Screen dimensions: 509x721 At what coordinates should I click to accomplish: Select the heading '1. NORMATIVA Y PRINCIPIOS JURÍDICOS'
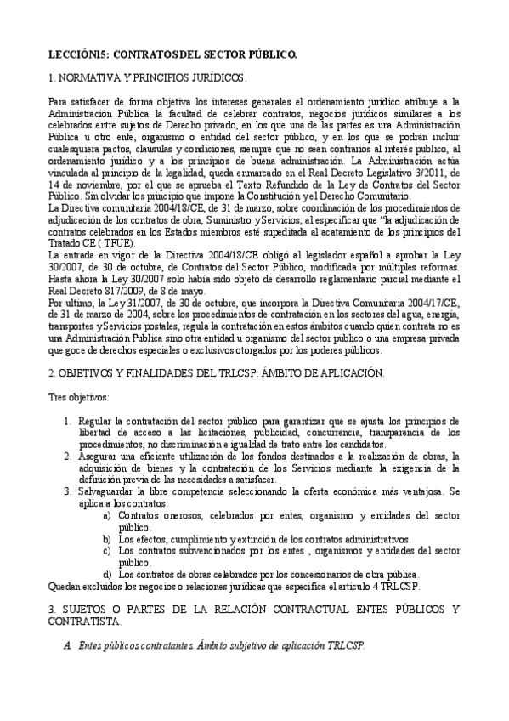click(x=147, y=77)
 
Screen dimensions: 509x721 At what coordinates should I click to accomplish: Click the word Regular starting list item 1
click(x=95, y=421)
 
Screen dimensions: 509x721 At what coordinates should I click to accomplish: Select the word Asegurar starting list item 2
click(x=99, y=457)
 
